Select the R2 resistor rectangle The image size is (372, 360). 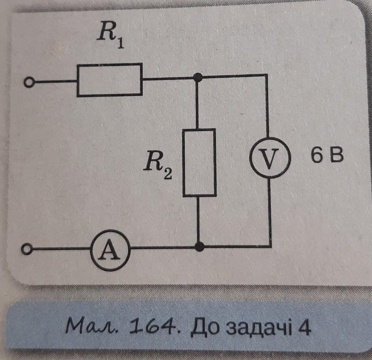[199, 162]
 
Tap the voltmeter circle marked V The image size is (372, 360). [269, 159]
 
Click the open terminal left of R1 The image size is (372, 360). [27, 83]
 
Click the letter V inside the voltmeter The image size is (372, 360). [269, 159]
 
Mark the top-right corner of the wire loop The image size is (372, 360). [267, 75]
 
